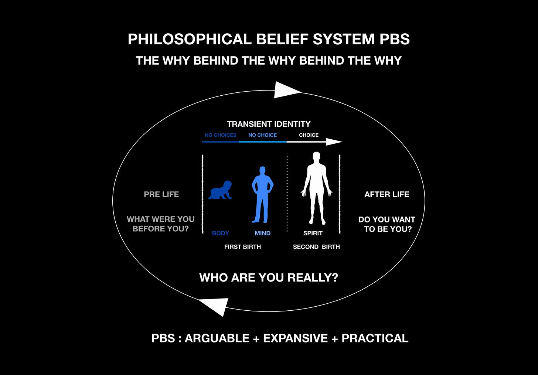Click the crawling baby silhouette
point(220,190)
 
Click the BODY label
point(221,233)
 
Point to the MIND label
point(262,233)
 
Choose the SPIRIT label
point(313,233)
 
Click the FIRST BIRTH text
point(242,247)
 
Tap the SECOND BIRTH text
point(316,247)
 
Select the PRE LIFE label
point(161,194)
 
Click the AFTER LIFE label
point(387,194)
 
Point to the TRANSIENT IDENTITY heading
point(269,124)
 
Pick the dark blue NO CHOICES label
point(221,135)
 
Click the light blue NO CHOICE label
point(262,135)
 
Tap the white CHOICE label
point(309,135)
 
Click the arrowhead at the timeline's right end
point(334,142)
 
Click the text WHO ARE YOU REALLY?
point(269,277)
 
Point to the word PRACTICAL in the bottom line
point(375,338)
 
